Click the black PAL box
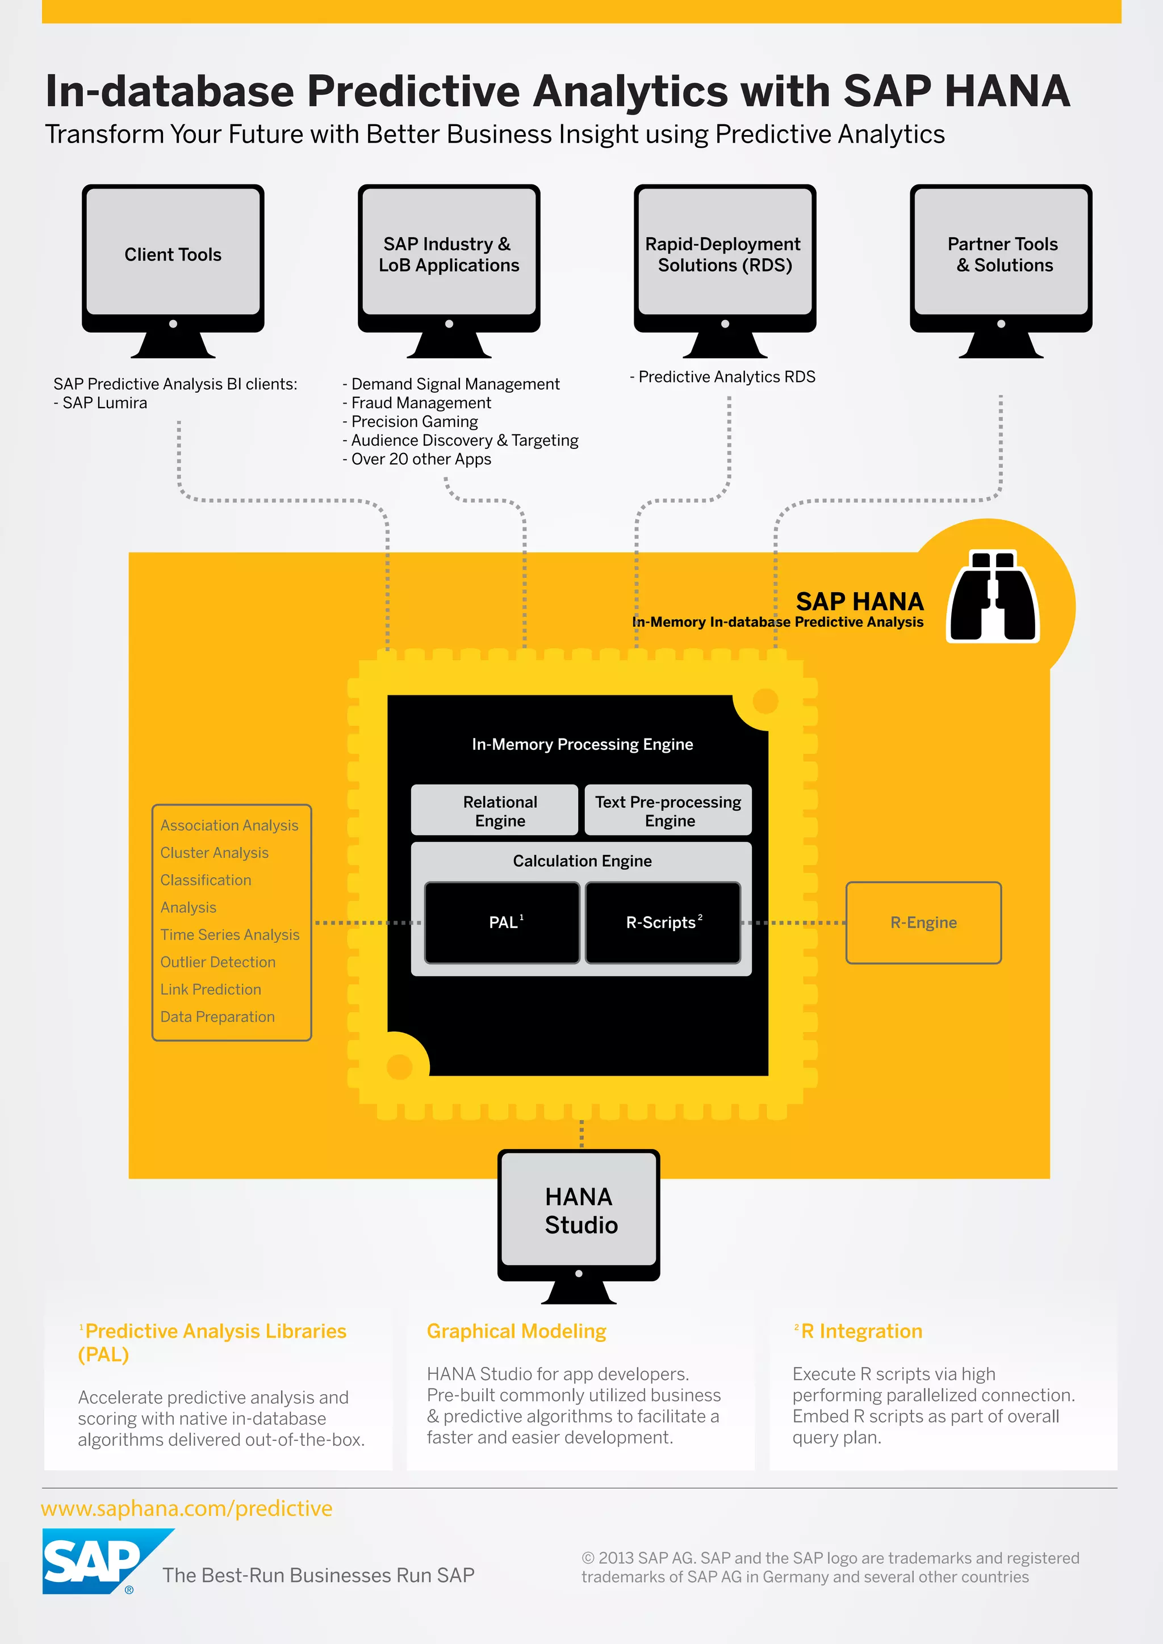(502, 922)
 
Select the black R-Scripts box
(663, 922)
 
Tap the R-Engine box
(923, 922)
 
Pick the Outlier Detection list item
(217, 962)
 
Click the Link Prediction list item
(211, 989)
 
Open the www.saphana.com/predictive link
(186, 1508)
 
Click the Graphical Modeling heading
(516, 1331)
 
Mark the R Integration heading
(861, 1331)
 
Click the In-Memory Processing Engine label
(581, 744)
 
